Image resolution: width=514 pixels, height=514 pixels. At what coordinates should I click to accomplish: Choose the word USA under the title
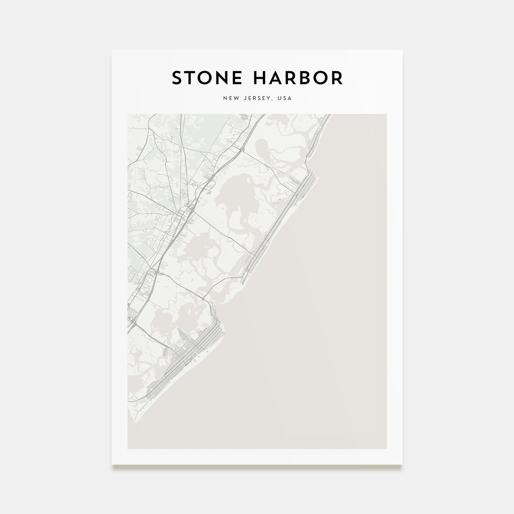point(285,98)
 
